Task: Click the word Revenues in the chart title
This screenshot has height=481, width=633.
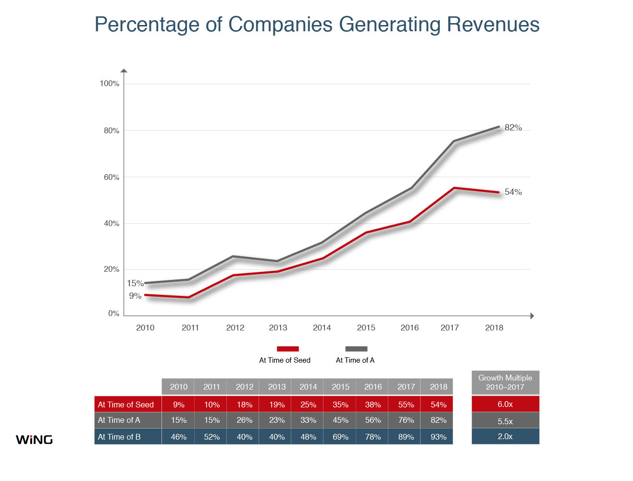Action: click(493, 25)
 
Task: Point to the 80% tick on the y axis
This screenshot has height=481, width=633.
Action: click(112, 131)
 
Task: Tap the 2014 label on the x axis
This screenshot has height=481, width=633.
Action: click(322, 328)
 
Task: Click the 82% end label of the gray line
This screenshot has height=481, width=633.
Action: click(513, 127)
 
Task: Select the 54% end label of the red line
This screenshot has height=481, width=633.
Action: click(513, 192)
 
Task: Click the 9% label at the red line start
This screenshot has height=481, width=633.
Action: click(135, 296)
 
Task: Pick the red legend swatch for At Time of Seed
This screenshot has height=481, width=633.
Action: click(287, 349)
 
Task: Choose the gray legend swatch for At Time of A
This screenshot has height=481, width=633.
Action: click(356, 349)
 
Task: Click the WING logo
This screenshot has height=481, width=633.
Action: click(34, 440)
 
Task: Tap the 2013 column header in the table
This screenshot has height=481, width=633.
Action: click(277, 387)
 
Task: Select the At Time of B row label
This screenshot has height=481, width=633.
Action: click(119, 437)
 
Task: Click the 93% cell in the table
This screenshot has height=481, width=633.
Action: click(438, 437)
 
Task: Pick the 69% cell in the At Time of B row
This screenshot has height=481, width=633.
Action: click(340, 437)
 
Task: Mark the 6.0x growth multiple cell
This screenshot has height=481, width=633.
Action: click(505, 404)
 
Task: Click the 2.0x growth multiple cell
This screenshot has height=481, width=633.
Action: click(505, 436)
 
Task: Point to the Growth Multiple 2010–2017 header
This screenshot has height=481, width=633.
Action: click(505, 382)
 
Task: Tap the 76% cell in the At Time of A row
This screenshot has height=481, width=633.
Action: click(406, 420)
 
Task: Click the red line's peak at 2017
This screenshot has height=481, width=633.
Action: click(454, 188)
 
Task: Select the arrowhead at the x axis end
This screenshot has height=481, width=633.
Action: click(532, 316)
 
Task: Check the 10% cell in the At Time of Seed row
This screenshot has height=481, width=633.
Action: click(212, 405)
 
